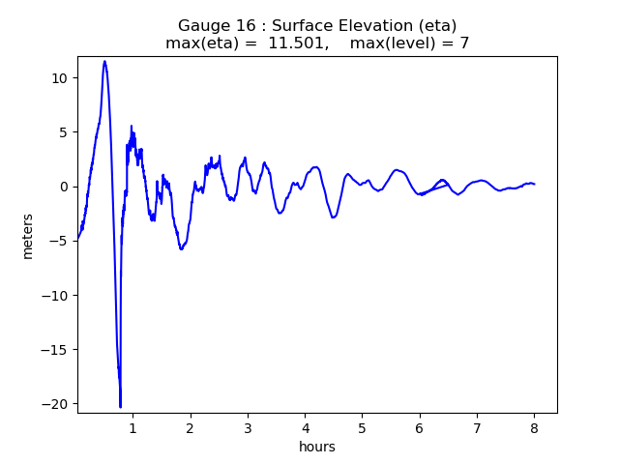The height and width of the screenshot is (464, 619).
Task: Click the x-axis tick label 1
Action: pos(133,427)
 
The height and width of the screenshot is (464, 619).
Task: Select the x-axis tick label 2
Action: pos(191,427)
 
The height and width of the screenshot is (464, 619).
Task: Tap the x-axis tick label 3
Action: pos(248,427)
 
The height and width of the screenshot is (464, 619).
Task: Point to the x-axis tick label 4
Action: pos(305,427)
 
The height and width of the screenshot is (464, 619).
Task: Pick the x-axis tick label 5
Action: pos(362,427)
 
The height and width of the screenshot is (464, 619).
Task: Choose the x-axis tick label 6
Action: pos(420,427)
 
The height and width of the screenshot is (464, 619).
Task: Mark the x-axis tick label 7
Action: pos(477,427)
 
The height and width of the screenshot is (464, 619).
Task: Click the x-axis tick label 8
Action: pos(534,427)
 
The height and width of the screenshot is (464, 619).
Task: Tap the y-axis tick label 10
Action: pos(58,78)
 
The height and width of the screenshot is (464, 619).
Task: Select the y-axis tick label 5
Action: pos(62,132)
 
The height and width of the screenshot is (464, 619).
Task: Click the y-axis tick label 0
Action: pos(62,187)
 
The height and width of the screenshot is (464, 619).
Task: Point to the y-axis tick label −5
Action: pos(58,241)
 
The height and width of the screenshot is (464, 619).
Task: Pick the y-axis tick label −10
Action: pos(54,296)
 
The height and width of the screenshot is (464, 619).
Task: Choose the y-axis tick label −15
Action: pos(54,350)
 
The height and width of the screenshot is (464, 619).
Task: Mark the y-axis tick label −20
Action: pos(54,404)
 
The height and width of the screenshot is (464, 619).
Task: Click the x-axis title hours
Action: pos(317,447)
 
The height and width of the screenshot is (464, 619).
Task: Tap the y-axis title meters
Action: pos(28,236)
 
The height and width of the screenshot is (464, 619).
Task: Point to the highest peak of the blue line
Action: pos(104,62)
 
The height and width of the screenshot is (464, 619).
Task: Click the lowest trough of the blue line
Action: pos(121,407)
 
